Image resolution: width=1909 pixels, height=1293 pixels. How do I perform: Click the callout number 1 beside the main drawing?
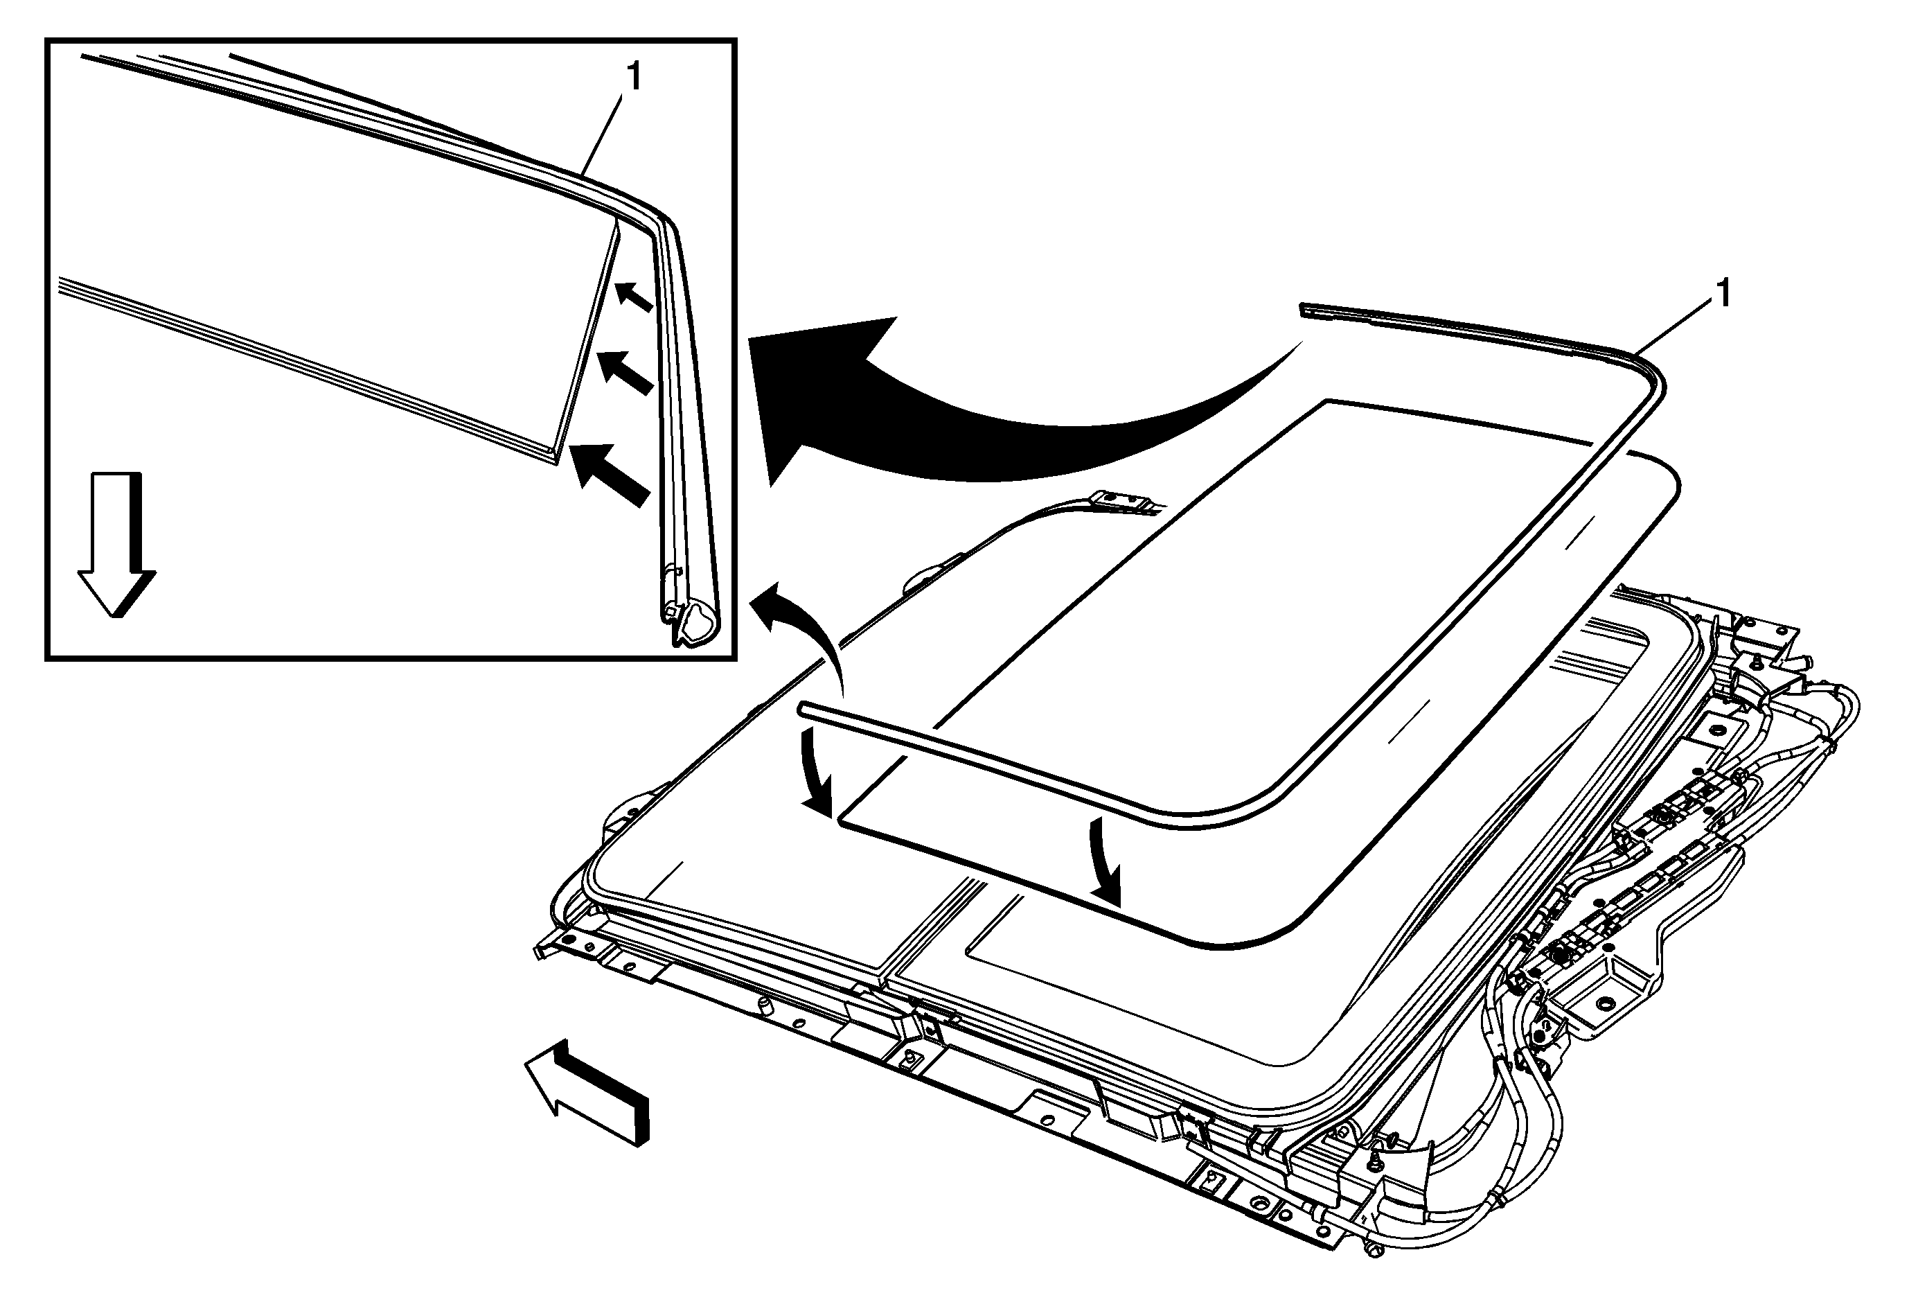(x=1724, y=294)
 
